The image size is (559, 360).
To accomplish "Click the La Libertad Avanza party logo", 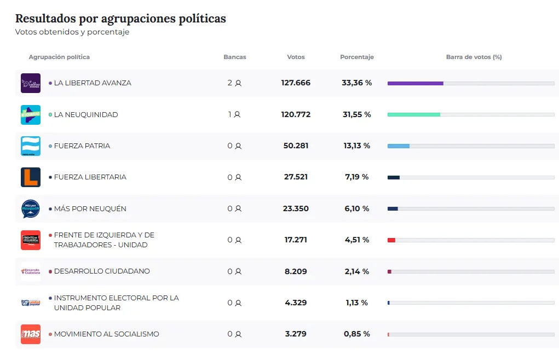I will click(31, 83).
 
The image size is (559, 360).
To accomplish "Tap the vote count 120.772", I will click(296, 114).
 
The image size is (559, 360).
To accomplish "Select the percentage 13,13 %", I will click(357, 146).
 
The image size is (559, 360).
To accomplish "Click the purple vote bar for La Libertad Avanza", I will click(415, 83).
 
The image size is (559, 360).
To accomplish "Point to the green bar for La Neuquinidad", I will click(413, 114).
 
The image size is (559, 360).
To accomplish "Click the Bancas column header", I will click(235, 57).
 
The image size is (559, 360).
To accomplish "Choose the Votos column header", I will click(296, 57).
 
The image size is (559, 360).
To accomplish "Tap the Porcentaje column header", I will click(357, 57).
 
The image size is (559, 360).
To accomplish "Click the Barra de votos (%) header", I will click(474, 57).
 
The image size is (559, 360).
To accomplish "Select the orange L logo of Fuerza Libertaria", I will click(31, 177).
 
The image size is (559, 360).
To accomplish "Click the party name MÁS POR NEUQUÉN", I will click(90, 208).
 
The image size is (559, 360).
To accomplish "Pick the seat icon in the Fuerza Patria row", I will click(238, 146).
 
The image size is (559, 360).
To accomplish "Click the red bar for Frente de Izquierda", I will click(391, 240).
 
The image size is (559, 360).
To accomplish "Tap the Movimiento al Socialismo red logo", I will click(31, 334).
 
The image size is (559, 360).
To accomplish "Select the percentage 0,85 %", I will click(357, 334).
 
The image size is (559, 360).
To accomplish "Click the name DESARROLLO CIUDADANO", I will click(101, 271).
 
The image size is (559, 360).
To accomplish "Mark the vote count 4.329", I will click(296, 303).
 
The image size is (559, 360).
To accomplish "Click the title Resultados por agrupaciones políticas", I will click(120, 19).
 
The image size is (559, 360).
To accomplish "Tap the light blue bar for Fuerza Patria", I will click(398, 146).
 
